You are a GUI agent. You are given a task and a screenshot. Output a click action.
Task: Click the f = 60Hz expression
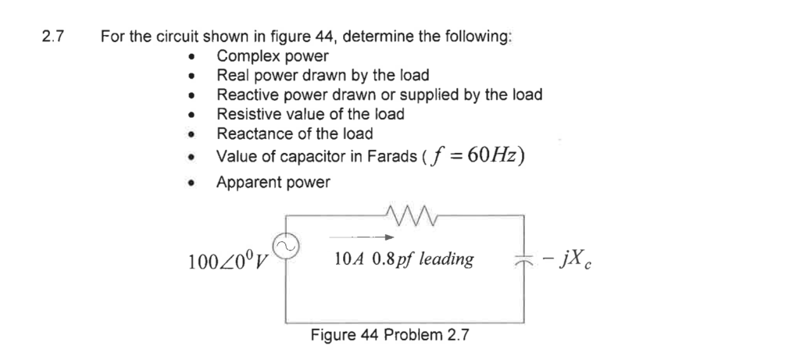475,155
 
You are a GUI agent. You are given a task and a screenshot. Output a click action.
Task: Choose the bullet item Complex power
273,56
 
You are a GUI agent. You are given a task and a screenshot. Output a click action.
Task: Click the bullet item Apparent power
273,182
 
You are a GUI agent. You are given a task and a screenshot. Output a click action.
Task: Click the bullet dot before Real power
191,77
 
